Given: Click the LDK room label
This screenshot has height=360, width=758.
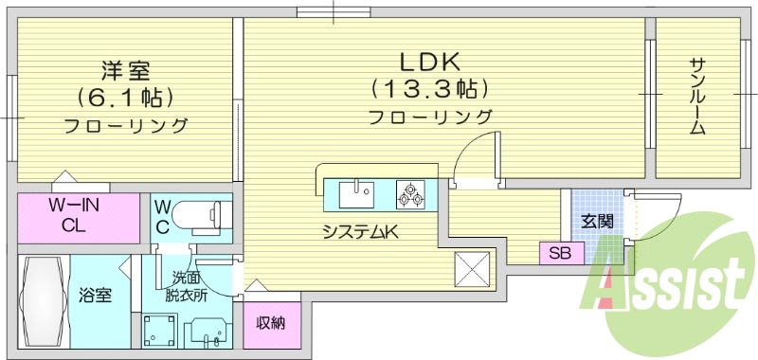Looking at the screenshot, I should [429, 63].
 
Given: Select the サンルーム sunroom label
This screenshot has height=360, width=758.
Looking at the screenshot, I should [697, 95].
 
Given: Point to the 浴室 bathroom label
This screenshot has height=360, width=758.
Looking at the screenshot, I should [95, 296].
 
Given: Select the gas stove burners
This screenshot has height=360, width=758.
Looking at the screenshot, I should [411, 195].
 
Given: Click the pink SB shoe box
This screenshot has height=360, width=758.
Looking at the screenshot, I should [560, 254].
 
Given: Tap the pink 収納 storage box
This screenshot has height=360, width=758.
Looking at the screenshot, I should [271, 322].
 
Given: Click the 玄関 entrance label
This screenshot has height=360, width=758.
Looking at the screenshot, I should [597, 222].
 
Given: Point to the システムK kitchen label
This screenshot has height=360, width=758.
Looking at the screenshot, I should [359, 231].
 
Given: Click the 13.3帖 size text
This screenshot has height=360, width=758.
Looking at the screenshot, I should [429, 90].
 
